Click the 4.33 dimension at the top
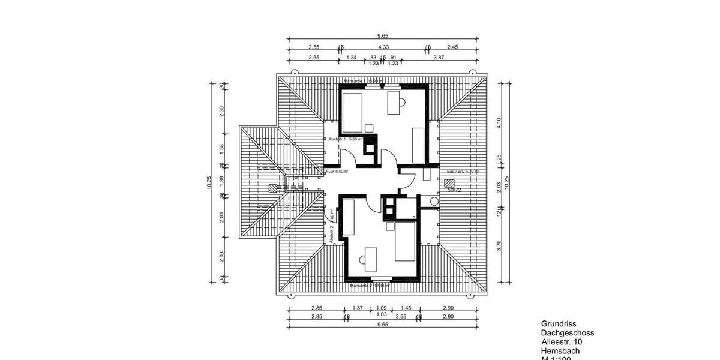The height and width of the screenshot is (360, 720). point(383,47)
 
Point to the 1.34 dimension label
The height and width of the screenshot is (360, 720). point(352,57)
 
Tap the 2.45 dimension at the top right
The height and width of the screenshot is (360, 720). point(452,47)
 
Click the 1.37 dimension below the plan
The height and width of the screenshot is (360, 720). point(358,308)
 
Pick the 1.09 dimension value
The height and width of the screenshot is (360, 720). point(381,308)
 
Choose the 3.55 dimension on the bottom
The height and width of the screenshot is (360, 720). point(401,316)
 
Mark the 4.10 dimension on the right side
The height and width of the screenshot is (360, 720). point(499,122)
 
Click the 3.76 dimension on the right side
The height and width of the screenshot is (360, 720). point(499,246)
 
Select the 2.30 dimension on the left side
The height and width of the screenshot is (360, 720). point(221,110)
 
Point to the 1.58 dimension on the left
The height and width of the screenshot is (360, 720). point(221,147)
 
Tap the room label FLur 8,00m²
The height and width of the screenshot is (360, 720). point(337,172)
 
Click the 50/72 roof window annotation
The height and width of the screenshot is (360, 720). point(454,190)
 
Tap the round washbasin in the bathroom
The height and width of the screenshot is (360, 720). point(434,202)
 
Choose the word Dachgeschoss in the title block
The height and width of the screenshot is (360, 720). point(568,332)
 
